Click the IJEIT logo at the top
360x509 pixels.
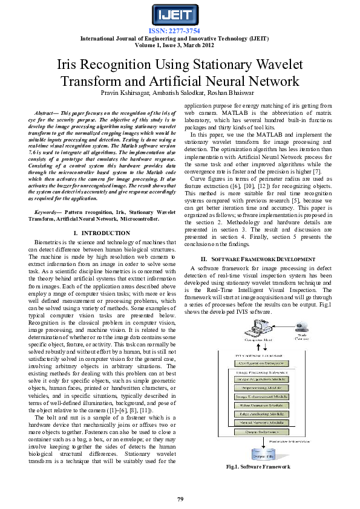(x=180, y=15)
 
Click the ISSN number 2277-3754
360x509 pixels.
(x=180, y=31)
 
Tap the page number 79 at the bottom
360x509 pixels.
(x=180, y=499)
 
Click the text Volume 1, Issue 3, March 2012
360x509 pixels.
(x=180, y=44)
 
